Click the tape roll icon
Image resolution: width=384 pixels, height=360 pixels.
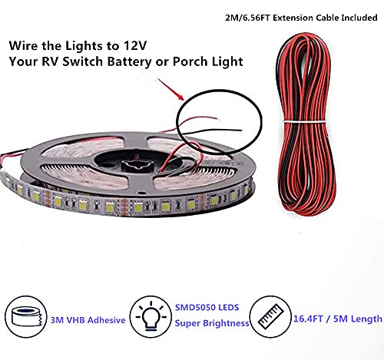point(26,316)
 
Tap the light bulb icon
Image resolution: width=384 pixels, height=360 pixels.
point(151,316)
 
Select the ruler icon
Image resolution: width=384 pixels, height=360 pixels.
point(270,316)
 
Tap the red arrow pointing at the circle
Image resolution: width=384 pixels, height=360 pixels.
point(170,89)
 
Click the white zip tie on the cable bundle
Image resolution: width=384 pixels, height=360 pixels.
point(305,121)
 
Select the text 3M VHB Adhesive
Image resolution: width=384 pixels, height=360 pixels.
point(88,320)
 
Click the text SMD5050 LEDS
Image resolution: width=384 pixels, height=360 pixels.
point(207,307)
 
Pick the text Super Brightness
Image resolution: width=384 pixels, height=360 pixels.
point(212,323)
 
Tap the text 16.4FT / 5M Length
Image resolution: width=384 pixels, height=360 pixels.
point(338,319)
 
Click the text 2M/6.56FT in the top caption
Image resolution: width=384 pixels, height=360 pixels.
point(247,18)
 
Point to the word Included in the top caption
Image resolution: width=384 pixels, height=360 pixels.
point(359,18)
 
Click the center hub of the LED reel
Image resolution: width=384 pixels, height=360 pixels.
point(138,164)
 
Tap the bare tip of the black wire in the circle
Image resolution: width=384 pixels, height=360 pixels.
point(240,130)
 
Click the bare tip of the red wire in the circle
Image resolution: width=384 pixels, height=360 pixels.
point(218,119)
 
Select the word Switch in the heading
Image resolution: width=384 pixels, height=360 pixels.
point(82,61)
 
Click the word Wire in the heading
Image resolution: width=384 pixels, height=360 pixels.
point(23,46)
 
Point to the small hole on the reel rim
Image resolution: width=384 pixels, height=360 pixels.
point(139,193)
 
